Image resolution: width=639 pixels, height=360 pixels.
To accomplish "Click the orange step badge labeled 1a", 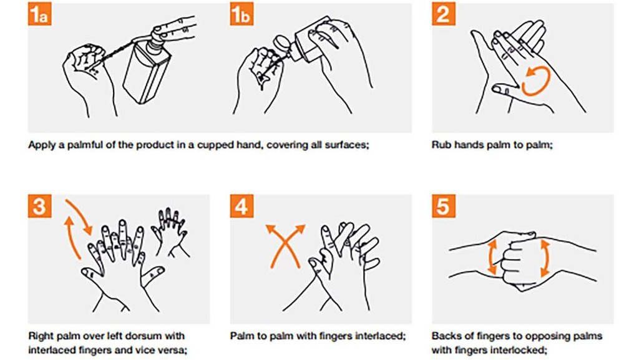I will pos(39,16).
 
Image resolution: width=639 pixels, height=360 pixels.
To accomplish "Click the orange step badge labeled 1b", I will pos(241,16).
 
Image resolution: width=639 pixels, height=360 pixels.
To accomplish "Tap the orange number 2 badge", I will pos(443,16).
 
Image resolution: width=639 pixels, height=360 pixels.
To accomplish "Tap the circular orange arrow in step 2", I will pos(535,82).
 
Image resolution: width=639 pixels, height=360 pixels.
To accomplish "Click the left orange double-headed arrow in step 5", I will pos(492,257).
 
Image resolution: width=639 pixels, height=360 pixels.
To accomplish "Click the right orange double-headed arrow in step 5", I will pos(544,257).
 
